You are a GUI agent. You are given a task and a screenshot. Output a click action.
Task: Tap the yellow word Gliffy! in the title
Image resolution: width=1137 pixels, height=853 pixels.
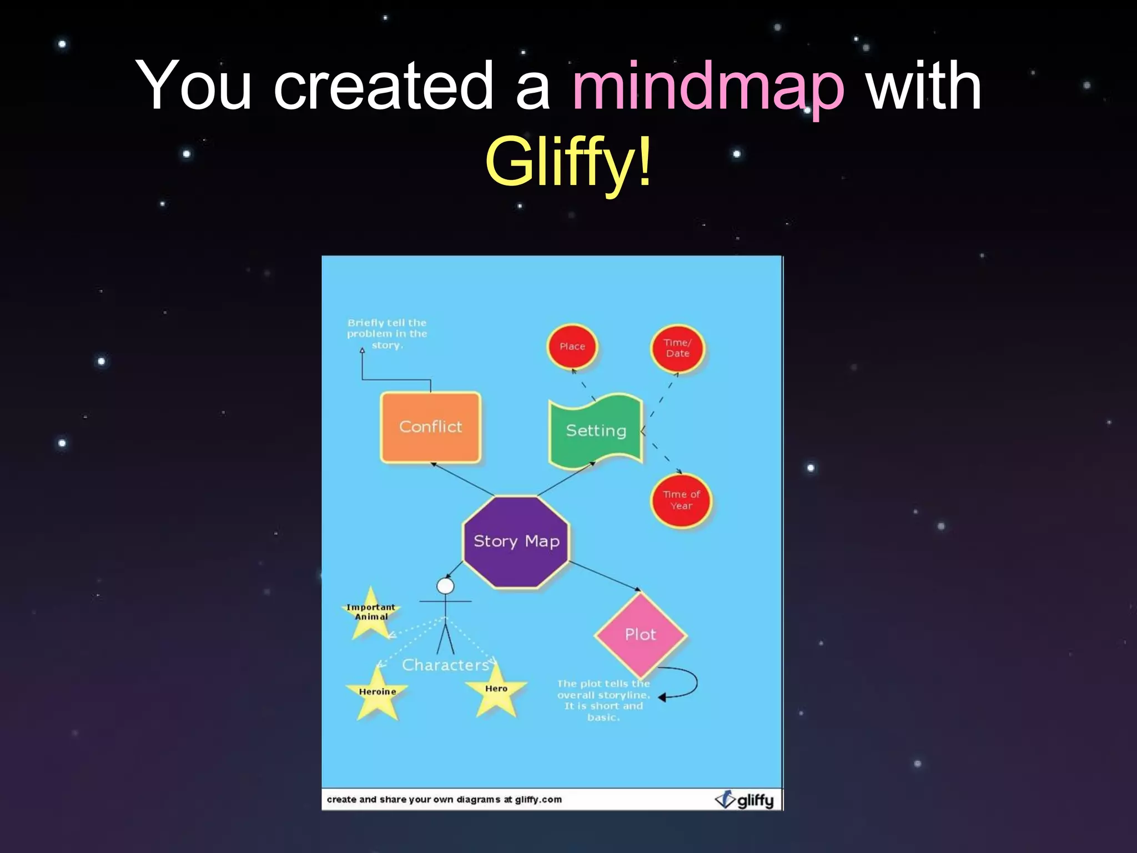coord(567,162)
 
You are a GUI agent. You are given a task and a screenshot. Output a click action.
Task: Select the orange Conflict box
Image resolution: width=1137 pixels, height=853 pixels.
coord(430,426)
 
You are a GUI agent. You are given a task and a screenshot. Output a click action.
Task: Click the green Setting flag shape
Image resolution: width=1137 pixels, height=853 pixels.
coord(596,430)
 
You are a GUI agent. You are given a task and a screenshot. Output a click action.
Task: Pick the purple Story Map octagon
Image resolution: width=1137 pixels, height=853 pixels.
coord(516,541)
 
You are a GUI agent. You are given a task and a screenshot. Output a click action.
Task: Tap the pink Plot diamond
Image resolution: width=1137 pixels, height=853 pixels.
coord(640,634)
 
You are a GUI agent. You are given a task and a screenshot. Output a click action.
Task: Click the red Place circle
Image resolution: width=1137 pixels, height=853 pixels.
coord(572,347)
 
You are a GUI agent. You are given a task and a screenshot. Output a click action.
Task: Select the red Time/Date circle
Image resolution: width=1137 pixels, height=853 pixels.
coord(677,348)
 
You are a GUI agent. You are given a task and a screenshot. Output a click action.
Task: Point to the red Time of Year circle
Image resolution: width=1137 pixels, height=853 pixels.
coord(681,500)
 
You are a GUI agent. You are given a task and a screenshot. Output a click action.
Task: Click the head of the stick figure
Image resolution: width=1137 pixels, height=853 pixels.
coord(445,586)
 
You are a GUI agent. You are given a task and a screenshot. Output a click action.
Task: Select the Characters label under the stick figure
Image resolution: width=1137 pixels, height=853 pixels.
coord(445,665)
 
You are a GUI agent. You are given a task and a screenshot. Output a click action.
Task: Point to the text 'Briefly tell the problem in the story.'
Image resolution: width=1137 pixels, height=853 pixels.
coord(387,334)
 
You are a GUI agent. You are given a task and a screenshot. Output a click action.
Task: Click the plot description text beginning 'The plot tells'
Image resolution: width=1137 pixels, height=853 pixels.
coord(603,700)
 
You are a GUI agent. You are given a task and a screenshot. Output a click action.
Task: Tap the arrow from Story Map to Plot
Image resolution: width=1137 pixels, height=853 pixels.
coord(605,576)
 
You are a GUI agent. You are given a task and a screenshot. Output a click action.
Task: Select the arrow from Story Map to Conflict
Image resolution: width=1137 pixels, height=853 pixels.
coord(462,479)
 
